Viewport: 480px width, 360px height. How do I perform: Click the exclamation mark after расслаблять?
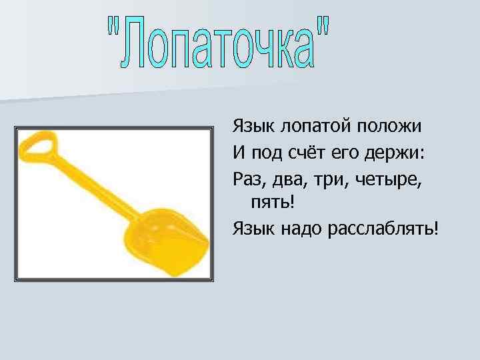click(x=437, y=229)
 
